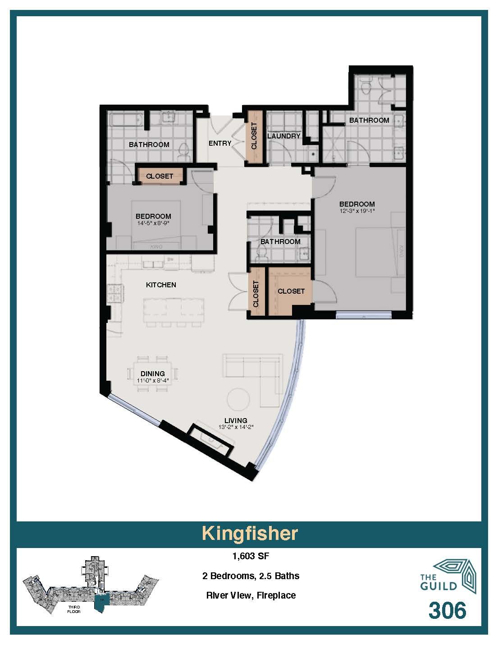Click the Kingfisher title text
(x=249, y=533)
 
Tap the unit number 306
(x=447, y=611)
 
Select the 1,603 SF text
(x=251, y=556)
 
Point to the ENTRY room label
(x=220, y=143)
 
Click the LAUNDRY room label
(x=283, y=136)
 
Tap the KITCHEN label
(x=161, y=285)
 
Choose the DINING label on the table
(x=152, y=373)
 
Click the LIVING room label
(x=236, y=420)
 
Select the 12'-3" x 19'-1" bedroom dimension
(x=357, y=211)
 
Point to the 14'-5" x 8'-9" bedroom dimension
(x=153, y=223)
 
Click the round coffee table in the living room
(x=238, y=400)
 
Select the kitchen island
(x=174, y=310)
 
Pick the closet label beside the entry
(x=254, y=136)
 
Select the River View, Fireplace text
(x=251, y=595)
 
